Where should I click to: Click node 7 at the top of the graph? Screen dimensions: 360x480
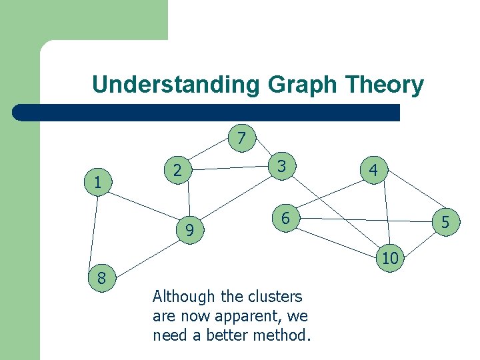[241, 138]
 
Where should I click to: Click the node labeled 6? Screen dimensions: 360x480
[285, 218]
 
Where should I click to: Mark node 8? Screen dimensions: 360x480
[101, 277]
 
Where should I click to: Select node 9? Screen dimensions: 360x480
[190, 231]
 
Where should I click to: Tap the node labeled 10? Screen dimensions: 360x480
[391, 257]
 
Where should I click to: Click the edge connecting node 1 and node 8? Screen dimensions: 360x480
[94, 230]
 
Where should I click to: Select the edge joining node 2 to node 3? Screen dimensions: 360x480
[230, 168]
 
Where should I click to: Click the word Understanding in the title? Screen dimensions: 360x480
[176, 85]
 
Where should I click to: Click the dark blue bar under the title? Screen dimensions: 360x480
[207, 113]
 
